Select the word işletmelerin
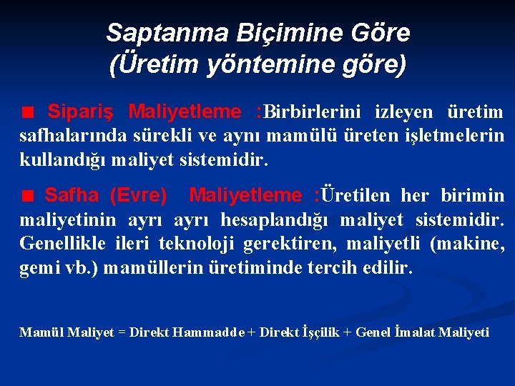coord(457,136)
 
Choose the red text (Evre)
coord(139,195)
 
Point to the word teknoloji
coord(200,244)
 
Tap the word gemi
coord(36,269)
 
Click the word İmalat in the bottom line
coord(413,332)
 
